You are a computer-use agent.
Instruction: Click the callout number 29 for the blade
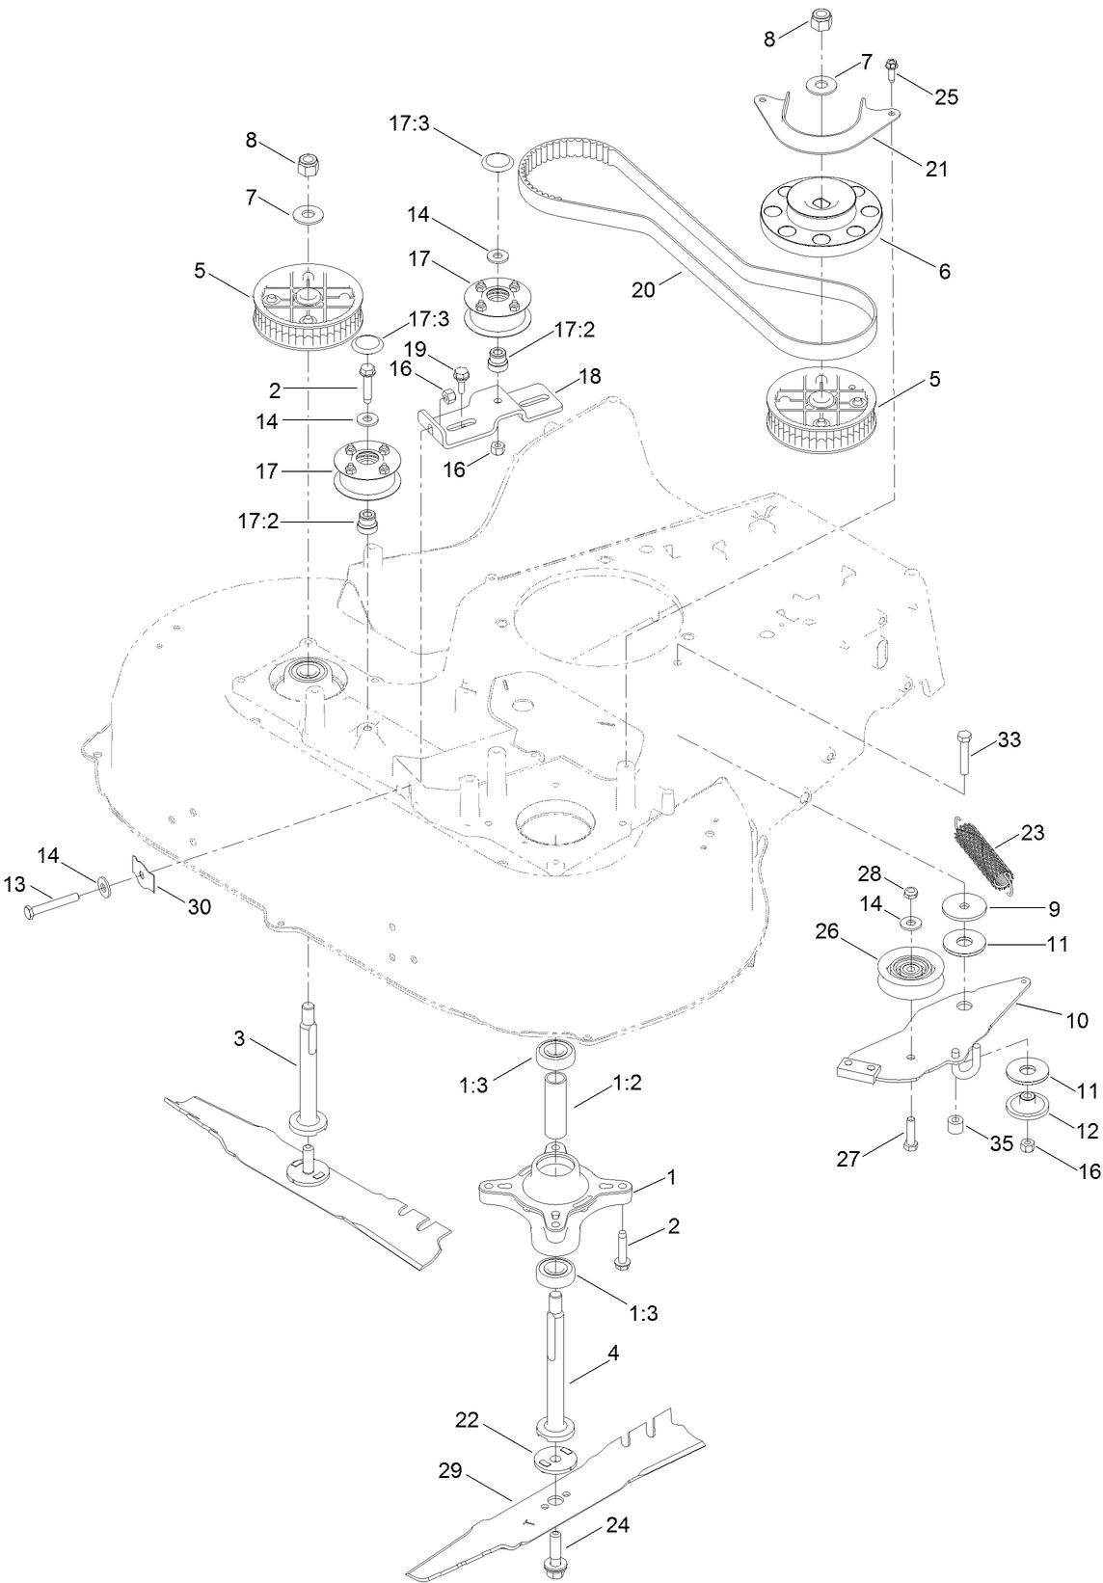click(x=450, y=1471)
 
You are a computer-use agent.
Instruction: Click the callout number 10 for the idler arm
click(x=1075, y=1018)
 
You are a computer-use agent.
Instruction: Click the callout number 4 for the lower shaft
click(x=613, y=1353)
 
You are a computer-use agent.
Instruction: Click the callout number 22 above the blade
click(x=468, y=1420)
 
